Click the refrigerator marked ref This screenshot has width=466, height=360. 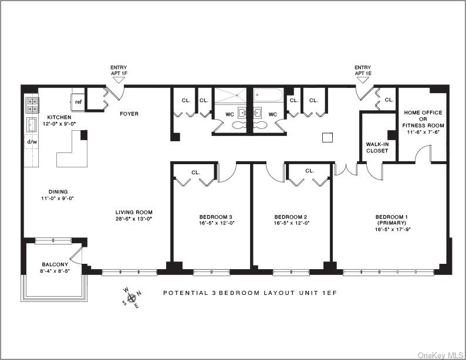tap(77, 102)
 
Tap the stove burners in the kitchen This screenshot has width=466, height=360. tap(32, 106)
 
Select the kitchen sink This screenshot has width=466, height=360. tap(31, 125)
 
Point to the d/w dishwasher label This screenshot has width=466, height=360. tap(32, 142)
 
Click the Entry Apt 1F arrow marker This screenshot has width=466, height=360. tap(120, 80)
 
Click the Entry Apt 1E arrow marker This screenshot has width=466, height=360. tap(363, 80)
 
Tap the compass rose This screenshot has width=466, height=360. tap(131, 298)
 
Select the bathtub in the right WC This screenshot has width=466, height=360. tap(268, 95)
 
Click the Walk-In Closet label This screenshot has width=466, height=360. tap(377, 148)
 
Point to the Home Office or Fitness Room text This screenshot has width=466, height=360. tap(423, 119)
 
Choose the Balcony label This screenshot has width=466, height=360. tap(55, 264)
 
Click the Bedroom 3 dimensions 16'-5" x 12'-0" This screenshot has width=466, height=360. tap(217, 223)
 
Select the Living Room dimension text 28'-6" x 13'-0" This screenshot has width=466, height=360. tap(134, 219)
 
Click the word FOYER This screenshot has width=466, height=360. tap(129, 114)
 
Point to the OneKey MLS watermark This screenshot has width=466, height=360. tap(440, 355)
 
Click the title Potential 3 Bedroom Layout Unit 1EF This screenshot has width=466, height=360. tap(250, 293)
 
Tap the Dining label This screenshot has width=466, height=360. tap(58, 192)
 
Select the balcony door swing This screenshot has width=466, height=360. tap(76, 255)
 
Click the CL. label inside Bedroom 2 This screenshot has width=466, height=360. tap(310, 171)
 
